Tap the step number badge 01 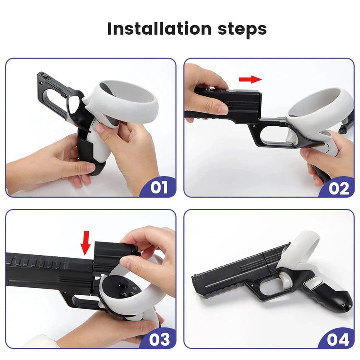tap(159, 187)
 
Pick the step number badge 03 tap(159, 339)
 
